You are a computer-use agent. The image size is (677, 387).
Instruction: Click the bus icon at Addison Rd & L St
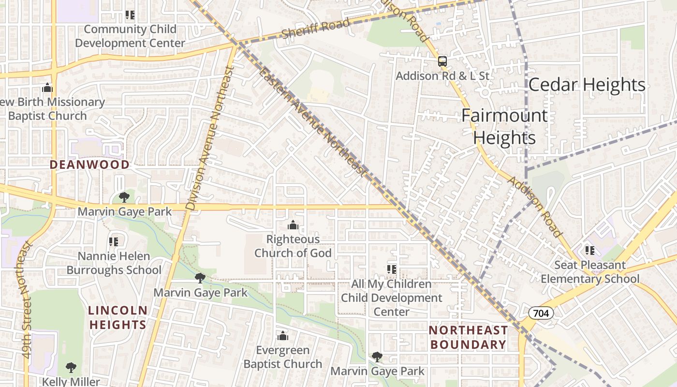tap(442, 61)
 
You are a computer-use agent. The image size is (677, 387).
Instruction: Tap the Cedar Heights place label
tap(587, 85)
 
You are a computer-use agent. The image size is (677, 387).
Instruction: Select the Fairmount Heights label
tap(504, 127)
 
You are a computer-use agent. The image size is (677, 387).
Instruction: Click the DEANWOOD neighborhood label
tap(89, 164)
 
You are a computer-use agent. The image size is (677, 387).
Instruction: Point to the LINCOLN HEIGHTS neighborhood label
tap(118, 317)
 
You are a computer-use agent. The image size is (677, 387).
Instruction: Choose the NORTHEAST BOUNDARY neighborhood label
tap(468, 337)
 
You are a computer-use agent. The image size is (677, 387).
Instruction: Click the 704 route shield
tap(541, 313)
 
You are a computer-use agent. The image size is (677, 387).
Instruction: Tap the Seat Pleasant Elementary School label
tap(590, 272)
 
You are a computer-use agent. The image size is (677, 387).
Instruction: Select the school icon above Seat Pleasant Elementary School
tap(590, 250)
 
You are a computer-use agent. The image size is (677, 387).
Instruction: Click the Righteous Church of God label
tap(293, 246)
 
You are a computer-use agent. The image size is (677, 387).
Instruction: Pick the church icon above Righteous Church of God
tap(293, 225)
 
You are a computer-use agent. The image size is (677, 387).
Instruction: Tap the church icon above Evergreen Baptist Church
tap(283, 336)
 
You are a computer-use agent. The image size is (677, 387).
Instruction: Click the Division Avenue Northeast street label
tap(209, 138)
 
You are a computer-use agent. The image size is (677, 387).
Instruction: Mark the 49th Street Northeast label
tap(27, 300)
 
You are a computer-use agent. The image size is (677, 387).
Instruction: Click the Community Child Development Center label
tap(130, 36)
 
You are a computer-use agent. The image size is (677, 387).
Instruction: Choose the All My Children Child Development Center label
tap(391, 298)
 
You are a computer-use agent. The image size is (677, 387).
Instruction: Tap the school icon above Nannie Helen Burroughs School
tap(114, 241)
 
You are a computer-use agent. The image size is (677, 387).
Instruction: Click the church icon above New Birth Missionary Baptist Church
tap(47, 88)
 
